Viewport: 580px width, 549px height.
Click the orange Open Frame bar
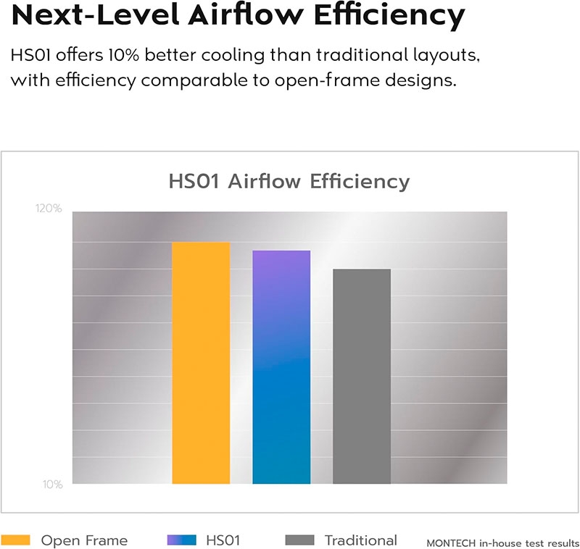201,362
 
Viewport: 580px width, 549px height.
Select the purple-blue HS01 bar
281,366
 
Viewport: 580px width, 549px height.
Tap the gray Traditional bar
362,376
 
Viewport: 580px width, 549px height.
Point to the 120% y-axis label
49,209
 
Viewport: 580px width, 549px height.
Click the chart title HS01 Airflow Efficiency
289,180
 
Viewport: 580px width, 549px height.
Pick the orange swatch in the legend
15,540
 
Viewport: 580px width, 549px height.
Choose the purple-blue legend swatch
181,540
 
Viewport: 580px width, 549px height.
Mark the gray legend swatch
300,540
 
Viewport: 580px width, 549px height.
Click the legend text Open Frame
84,540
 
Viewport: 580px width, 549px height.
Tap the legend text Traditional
360,540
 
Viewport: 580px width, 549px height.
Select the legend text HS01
223,540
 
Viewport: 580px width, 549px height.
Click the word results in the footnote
563,542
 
